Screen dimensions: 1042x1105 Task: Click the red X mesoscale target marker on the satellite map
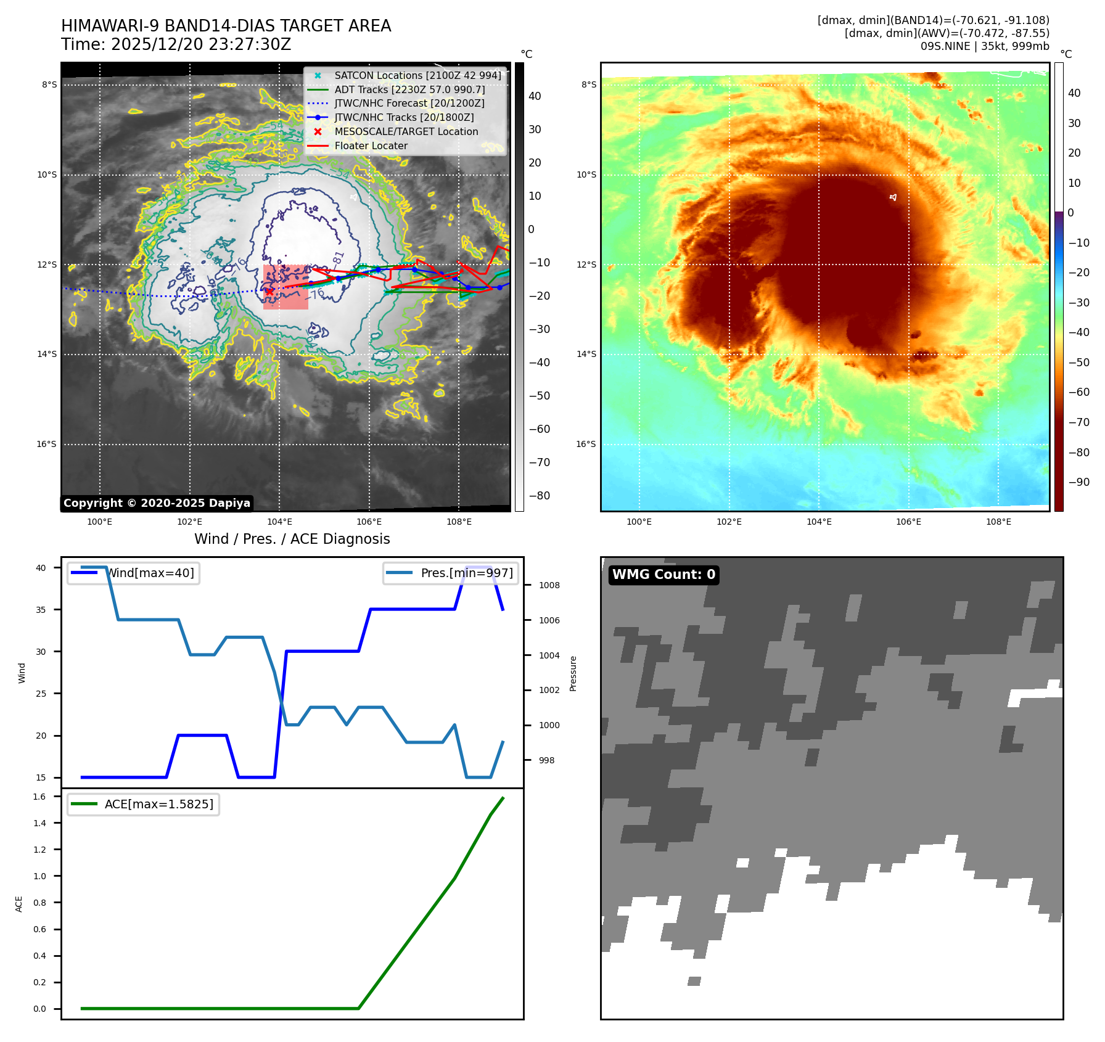(269, 292)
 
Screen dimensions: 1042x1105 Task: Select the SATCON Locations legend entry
(417, 75)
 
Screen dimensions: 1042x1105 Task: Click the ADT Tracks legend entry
(409, 89)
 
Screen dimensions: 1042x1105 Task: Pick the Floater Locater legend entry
(371, 146)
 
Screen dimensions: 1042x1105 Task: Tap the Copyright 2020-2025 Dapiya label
(157, 503)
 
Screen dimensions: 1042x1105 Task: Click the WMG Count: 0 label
(663, 575)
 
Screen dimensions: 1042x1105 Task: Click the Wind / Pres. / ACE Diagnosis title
(292, 539)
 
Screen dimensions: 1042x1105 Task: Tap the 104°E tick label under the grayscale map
(279, 522)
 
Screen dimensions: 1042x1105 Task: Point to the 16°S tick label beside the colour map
(586, 444)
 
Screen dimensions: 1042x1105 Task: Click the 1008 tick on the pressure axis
(549, 585)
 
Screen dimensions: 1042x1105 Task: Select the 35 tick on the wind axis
(41, 610)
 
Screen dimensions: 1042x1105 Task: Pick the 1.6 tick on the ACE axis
(39, 797)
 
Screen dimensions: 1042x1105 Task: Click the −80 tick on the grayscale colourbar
(539, 496)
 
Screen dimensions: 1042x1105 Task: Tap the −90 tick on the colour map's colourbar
(1078, 482)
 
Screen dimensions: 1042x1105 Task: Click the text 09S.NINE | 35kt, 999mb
(984, 46)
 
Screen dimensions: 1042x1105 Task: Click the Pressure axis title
(573, 673)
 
